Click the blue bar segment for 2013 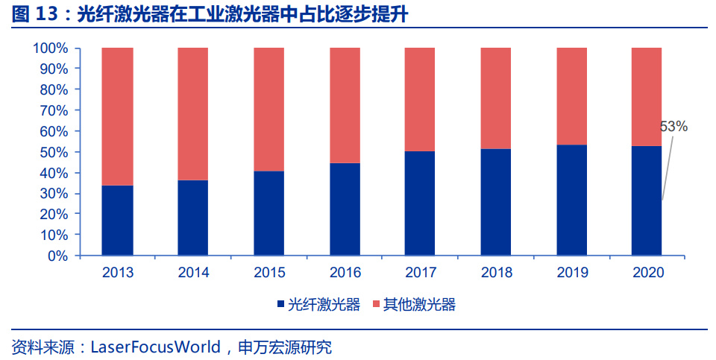coord(117,220)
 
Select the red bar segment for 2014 coord(192,113)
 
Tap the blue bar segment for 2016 coord(344,209)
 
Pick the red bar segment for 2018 coord(495,98)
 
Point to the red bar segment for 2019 coord(571,95)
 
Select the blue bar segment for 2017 coord(419,203)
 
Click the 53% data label coord(673,127)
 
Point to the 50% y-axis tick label coord(54,152)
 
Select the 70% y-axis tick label coord(54,110)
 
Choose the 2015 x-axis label coord(269,272)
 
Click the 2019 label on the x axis coord(572,272)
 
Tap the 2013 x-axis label coord(118,272)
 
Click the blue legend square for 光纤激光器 coord(280,304)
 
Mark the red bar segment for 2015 coord(268,109)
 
